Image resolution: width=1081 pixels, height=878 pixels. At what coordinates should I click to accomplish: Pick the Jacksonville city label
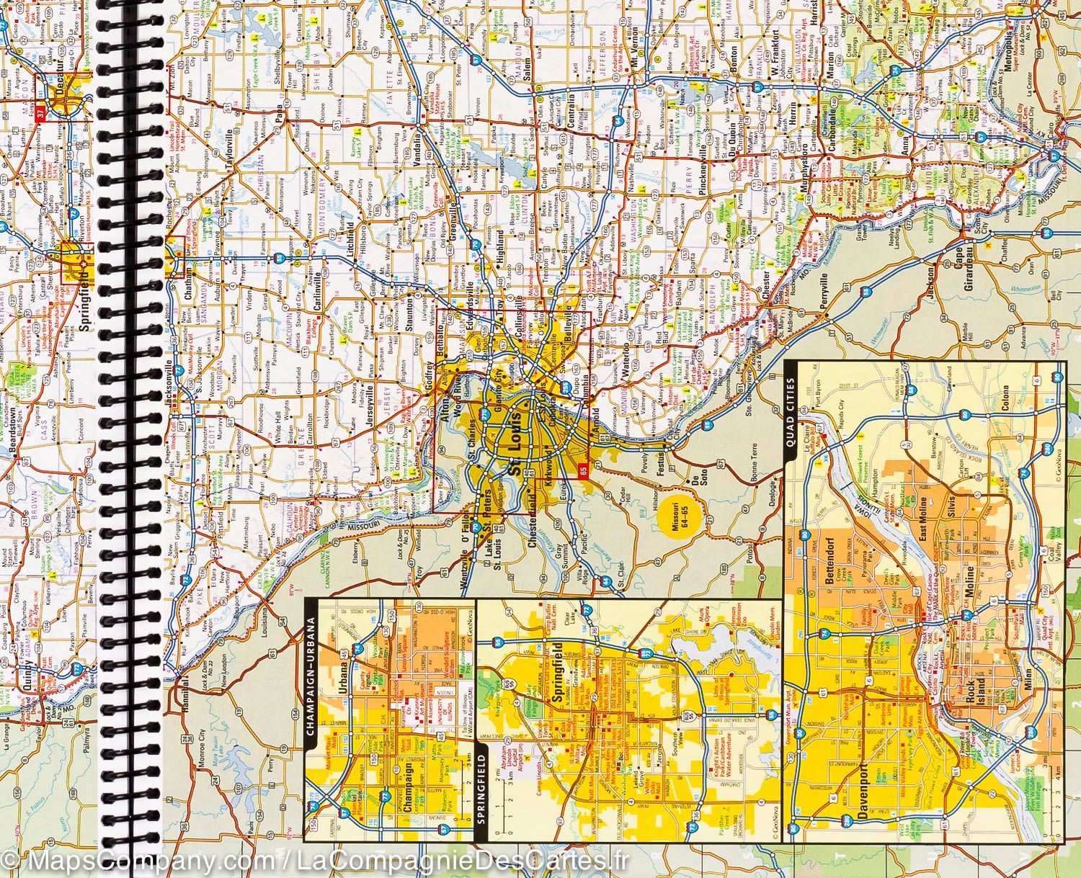tap(171, 385)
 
